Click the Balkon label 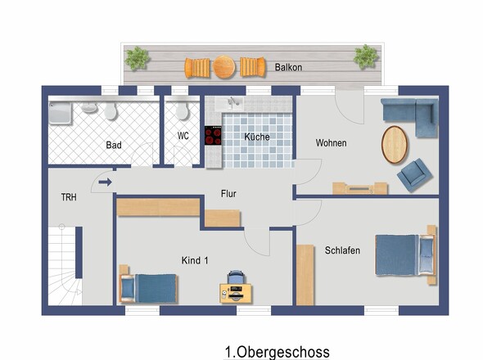(x=288, y=67)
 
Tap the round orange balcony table (x=224, y=67)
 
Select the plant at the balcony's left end (x=137, y=58)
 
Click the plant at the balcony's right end (x=366, y=56)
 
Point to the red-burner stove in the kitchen (x=213, y=135)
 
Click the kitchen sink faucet (x=233, y=101)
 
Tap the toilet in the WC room (x=182, y=110)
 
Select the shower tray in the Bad (x=61, y=113)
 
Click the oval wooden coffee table (x=395, y=145)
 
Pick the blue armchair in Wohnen (x=414, y=175)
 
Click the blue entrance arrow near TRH (x=105, y=182)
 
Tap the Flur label (x=228, y=194)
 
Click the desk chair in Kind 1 (x=236, y=277)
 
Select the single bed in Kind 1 (x=148, y=288)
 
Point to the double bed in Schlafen (x=406, y=255)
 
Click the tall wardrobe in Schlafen (x=305, y=275)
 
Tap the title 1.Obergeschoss (x=278, y=352)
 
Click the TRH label (x=69, y=197)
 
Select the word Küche (x=257, y=137)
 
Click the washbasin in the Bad (x=89, y=107)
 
